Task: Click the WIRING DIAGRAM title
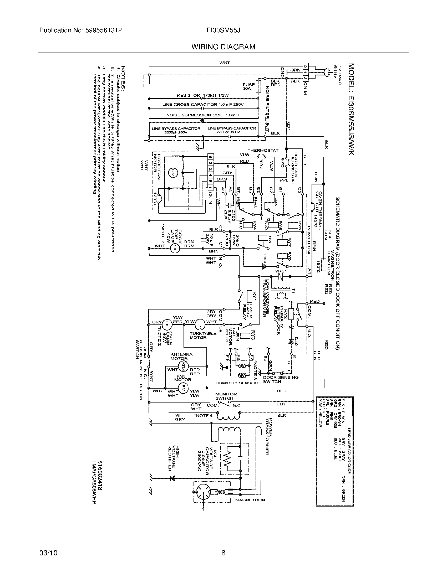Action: (223, 47)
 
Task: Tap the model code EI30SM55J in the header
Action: (223, 30)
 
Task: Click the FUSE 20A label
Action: (248, 86)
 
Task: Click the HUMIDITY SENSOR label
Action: (236, 383)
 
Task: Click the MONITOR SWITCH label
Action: (226, 396)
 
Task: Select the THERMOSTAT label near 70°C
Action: (263, 150)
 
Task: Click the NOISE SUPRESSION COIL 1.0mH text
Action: (202, 115)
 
